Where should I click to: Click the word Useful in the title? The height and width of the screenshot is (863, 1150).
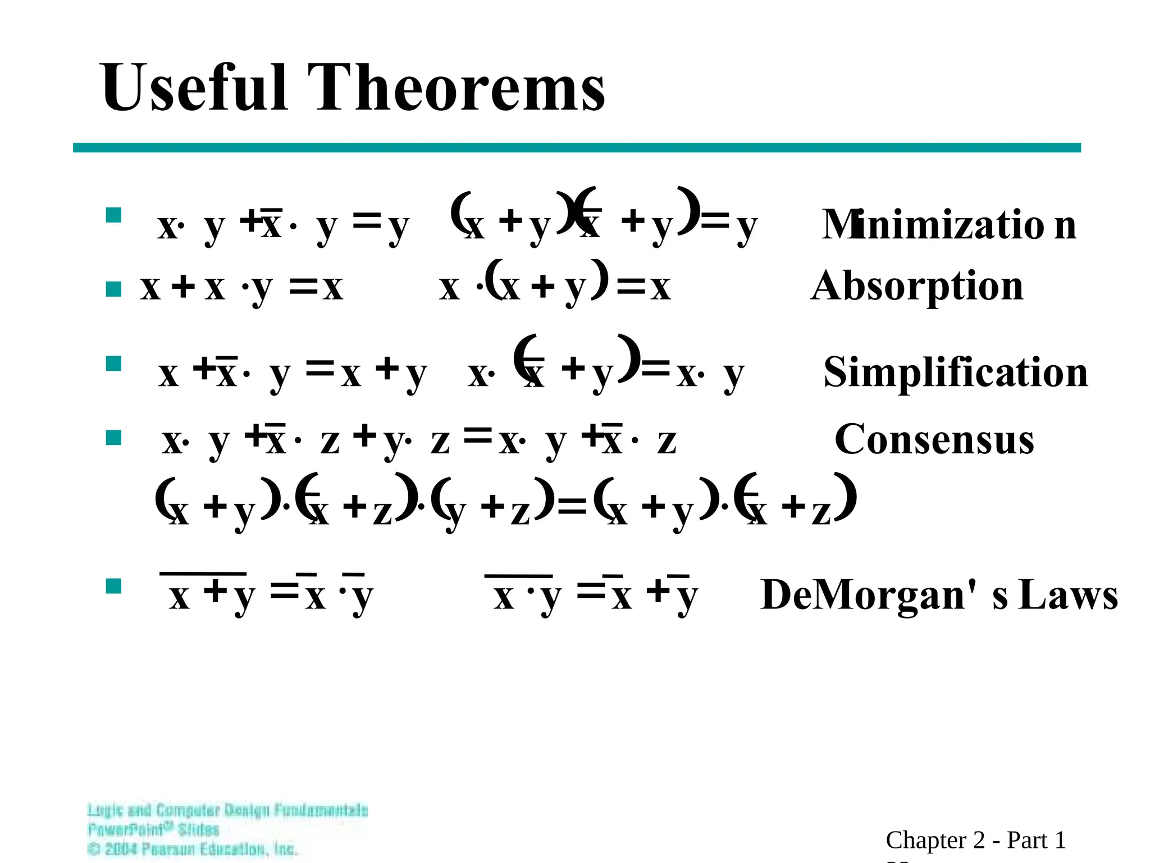click(194, 88)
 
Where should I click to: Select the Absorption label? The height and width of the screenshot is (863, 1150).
click(917, 287)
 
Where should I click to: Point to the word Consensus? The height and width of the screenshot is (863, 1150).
click(934, 439)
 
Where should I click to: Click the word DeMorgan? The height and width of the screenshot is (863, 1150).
click(868, 594)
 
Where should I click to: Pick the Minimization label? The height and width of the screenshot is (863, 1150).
click(949, 225)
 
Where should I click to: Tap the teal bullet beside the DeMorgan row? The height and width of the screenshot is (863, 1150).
click(114, 586)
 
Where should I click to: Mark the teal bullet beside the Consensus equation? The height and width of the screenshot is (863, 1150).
click(114, 438)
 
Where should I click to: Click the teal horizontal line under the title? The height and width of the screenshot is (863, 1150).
click(576, 148)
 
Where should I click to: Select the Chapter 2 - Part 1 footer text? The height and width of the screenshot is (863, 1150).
click(975, 840)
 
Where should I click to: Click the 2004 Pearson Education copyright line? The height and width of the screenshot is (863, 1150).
click(193, 849)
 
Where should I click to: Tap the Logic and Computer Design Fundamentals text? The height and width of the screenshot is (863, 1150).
click(227, 810)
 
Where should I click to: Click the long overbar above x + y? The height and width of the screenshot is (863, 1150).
click(203, 574)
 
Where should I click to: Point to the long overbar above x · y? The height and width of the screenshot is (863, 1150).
click(518, 576)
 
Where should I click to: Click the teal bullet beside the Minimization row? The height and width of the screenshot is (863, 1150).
click(114, 215)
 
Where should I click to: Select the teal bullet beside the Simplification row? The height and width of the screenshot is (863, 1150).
click(114, 364)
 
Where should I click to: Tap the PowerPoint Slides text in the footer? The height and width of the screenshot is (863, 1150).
click(153, 829)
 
